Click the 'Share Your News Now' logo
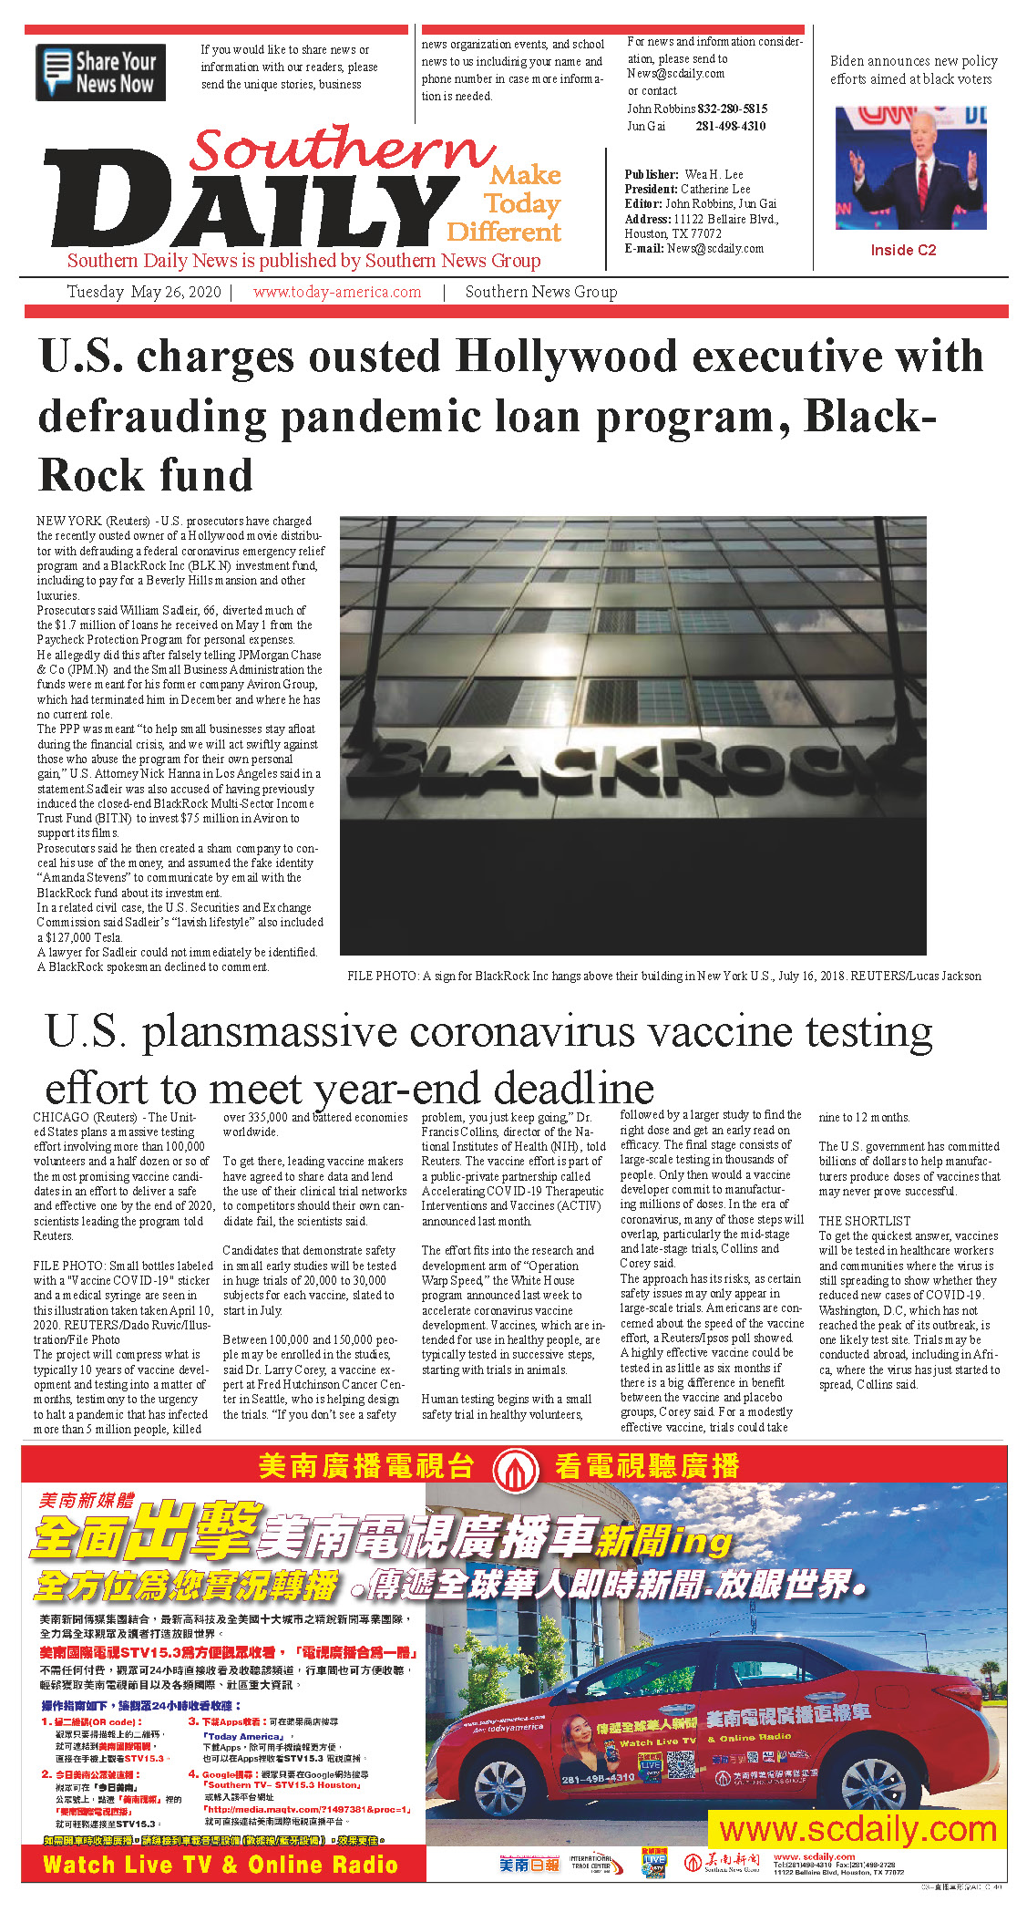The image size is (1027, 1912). [100, 72]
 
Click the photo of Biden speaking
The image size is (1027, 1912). [909, 168]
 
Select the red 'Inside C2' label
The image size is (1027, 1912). [902, 250]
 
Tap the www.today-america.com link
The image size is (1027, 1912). [337, 292]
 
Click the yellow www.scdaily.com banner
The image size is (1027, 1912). [858, 1828]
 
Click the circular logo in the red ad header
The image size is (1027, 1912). [515, 1468]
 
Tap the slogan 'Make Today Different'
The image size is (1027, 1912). [505, 202]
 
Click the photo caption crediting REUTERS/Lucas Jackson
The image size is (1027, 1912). [663, 976]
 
